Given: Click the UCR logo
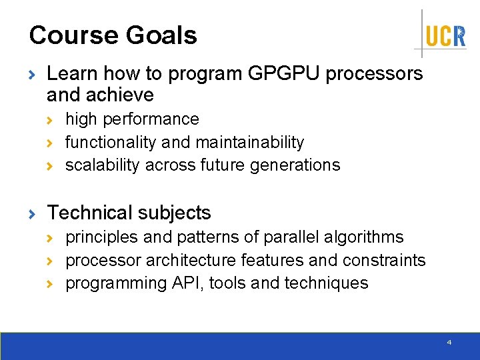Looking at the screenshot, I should point(445,35).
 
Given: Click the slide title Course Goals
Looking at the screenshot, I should point(113,35).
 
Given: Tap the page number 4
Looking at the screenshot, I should point(449,342).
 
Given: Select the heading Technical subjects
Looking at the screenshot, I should point(129,213).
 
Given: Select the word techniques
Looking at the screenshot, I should point(326,283).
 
